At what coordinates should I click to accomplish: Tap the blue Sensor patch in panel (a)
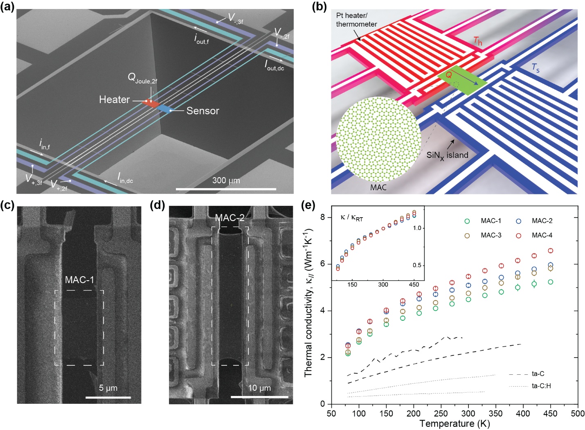tap(164, 109)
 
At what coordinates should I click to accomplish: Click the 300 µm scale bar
tap(226, 189)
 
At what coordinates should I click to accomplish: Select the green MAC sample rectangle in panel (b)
tap(462, 82)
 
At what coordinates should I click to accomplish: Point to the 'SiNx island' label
tap(447, 155)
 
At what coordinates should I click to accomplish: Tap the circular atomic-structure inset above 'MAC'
tap(378, 139)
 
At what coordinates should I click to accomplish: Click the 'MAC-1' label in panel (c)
tap(79, 280)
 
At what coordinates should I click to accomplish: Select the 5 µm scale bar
tap(108, 397)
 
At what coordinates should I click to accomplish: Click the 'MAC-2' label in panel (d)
tap(230, 218)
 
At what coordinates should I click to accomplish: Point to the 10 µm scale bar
tap(259, 396)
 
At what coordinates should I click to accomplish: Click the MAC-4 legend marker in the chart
tap(518, 235)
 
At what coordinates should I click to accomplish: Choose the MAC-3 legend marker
tap(467, 235)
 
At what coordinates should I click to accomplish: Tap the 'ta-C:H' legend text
tap(541, 386)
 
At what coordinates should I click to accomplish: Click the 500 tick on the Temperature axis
tap(578, 413)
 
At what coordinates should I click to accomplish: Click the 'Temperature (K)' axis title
tap(454, 424)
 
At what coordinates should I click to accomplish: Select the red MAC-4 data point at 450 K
tap(551, 251)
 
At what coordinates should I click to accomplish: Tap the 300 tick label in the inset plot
tap(383, 284)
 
